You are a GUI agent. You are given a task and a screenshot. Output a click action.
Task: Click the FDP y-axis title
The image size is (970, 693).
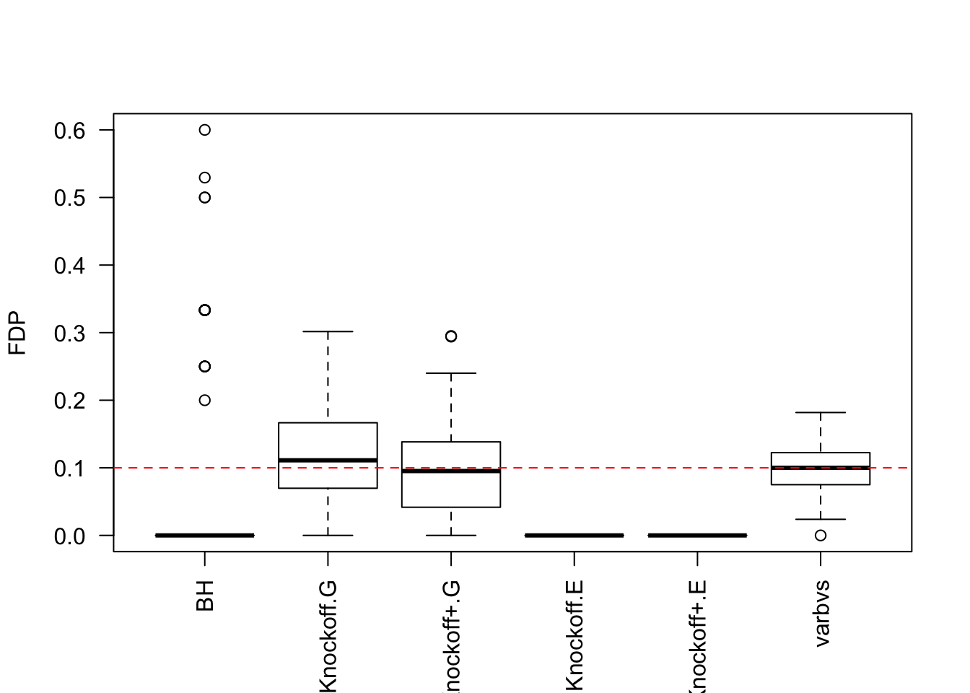coord(17,333)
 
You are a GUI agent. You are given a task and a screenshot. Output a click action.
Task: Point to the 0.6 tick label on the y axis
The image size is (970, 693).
coord(69,131)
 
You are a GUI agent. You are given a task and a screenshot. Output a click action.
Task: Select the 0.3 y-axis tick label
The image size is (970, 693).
coord(69,334)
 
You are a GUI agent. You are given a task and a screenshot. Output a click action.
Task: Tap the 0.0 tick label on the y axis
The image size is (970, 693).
coord(69,536)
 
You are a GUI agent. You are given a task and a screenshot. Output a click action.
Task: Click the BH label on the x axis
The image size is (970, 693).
coord(206,596)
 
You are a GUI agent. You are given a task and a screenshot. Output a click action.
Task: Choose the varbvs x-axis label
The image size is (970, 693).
coord(821,613)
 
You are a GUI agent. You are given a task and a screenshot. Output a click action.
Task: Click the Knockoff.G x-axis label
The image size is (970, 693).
coord(328,636)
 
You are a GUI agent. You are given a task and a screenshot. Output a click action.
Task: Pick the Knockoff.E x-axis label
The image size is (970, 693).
coord(574,636)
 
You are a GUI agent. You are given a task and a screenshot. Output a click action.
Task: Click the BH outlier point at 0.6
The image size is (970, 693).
coord(205,130)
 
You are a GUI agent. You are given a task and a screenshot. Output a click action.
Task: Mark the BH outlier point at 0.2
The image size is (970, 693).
coord(205,400)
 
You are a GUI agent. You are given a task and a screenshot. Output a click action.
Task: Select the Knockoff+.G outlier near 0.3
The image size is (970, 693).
coord(451,336)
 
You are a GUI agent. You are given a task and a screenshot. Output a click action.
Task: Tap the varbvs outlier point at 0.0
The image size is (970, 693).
coord(821,536)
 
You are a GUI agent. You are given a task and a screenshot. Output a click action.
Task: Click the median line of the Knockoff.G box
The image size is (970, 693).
coord(328,460)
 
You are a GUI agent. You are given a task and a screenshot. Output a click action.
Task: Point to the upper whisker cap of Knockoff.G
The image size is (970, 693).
coord(328,331)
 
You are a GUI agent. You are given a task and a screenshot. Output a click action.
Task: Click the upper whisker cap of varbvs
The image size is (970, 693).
coord(821,412)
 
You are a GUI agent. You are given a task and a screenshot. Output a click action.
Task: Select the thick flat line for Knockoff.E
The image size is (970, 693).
coord(574,536)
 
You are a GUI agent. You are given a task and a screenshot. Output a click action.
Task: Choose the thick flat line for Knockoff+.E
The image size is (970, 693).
coord(697,536)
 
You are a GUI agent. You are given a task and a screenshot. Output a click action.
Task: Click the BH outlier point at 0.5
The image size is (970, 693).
coord(205,198)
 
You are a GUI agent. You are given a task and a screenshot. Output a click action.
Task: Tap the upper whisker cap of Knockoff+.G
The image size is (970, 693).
coord(451,373)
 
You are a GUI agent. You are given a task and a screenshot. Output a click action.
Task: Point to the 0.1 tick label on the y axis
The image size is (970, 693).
coord(69,468)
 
